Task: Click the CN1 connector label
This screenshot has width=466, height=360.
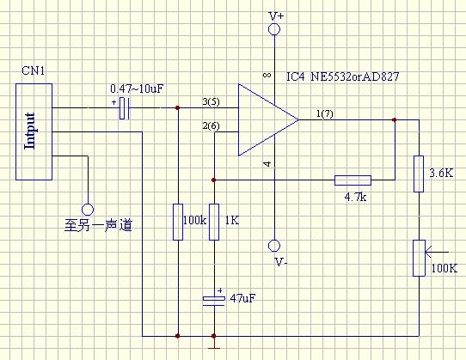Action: click(33, 71)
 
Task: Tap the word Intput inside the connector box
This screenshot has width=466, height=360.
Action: click(29, 131)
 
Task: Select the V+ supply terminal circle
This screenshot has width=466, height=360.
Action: click(274, 29)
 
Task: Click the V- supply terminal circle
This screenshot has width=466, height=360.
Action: click(274, 246)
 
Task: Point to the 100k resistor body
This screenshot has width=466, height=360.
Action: click(178, 222)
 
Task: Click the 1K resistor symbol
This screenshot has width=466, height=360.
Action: click(214, 222)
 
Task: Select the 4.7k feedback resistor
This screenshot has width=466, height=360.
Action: click(353, 180)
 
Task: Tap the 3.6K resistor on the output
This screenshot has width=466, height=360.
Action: click(419, 174)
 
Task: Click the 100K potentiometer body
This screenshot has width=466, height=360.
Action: click(419, 258)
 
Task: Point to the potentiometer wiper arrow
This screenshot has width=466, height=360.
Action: click(437, 253)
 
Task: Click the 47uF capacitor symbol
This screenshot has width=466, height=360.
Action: click(214, 301)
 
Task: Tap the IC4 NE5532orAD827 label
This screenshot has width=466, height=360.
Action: click(343, 77)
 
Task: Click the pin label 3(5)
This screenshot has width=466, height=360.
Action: click(211, 102)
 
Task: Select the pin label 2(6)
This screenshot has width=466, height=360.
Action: click(211, 126)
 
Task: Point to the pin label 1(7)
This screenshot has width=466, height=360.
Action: click(324, 113)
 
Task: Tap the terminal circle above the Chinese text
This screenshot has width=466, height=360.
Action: click(88, 210)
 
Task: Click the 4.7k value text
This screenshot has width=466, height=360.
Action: click(355, 197)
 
